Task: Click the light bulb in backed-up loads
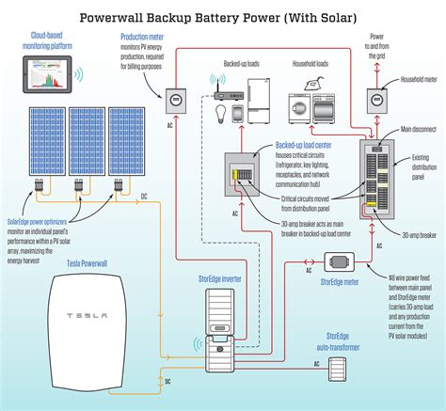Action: (220, 115)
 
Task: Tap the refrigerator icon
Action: (262, 101)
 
